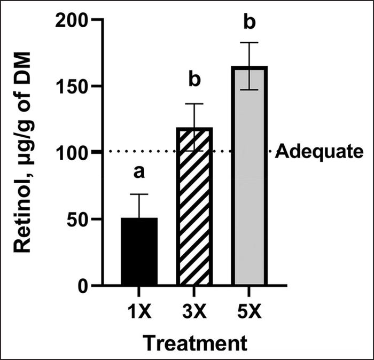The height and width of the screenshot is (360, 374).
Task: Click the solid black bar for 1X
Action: [139, 251]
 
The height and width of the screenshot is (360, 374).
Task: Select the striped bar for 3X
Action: [194, 208]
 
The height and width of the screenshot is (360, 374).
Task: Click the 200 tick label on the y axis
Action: [76, 20]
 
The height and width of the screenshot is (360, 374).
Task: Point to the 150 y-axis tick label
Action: [76, 87]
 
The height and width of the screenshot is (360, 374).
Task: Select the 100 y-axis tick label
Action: [76, 153]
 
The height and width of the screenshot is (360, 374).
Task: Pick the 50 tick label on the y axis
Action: [81, 219]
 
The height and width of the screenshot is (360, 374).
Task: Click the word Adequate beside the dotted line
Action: [315, 153]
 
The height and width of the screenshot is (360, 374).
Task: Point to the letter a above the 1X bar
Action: [139, 173]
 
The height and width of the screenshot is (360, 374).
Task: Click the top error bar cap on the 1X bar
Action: [139, 194]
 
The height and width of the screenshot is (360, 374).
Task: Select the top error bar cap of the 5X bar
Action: [249, 43]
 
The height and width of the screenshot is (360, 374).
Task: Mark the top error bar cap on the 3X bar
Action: [194, 104]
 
